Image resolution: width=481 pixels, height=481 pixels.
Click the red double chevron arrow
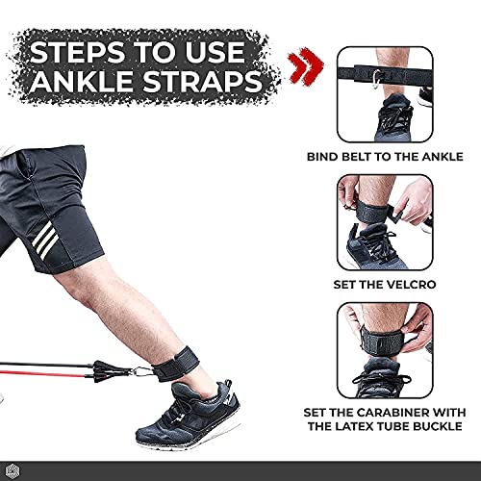pos(306,66)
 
